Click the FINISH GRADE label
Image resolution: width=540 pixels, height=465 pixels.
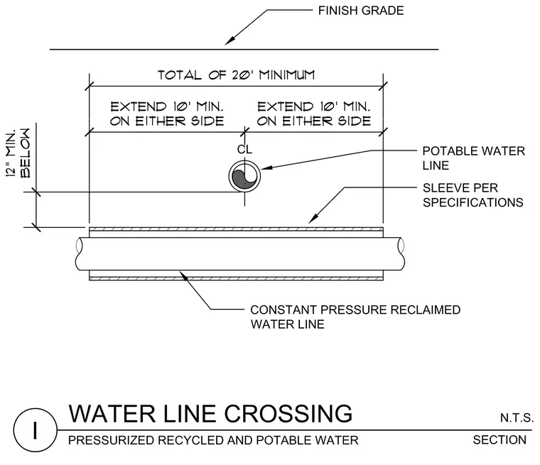360,11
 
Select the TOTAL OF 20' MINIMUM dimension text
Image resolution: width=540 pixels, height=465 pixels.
236,75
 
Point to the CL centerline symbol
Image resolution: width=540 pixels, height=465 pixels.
244,149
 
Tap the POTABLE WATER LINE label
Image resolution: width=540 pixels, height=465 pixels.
473,158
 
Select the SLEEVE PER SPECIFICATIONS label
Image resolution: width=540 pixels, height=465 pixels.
472,195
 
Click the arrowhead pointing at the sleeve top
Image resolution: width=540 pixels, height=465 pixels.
313,219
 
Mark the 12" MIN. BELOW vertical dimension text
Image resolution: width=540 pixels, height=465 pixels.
18,153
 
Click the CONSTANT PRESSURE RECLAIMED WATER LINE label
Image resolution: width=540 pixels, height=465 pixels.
355,317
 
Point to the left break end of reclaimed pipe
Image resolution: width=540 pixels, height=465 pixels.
79,253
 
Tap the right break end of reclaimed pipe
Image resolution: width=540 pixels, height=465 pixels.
401,253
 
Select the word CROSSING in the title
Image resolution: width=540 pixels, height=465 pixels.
288,413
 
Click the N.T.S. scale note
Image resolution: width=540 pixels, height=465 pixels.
517,418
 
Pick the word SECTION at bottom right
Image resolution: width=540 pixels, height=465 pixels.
499,440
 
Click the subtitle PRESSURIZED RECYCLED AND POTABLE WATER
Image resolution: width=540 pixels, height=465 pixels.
213,440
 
